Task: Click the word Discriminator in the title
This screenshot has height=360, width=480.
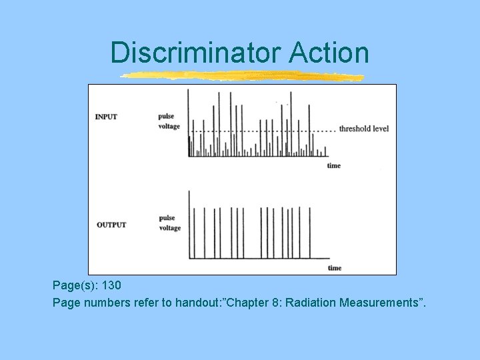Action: tap(197, 52)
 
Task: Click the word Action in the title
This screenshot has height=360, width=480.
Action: tap(329, 52)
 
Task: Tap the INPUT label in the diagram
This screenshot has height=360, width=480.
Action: tap(106, 117)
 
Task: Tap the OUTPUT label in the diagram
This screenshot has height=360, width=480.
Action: tap(111, 225)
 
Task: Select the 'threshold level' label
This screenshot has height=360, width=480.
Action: tap(364, 129)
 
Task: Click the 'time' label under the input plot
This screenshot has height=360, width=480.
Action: tap(333, 165)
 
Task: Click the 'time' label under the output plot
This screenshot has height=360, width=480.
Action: tap(335, 268)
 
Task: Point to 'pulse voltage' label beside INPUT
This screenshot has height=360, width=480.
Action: tap(169, 121)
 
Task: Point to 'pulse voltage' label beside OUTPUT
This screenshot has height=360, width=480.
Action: tap(169, 223)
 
